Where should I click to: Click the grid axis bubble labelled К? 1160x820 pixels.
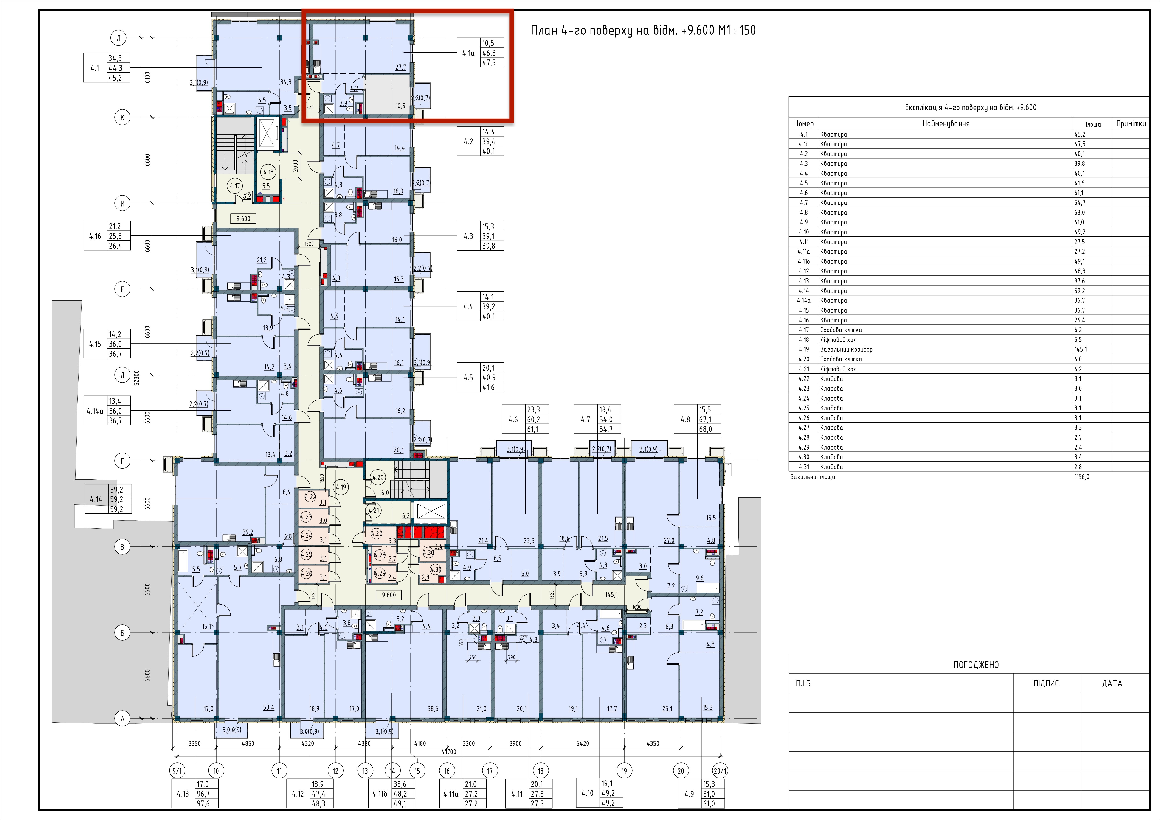pyautogui.click(x=122, y=118)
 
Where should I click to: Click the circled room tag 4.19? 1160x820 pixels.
pyautogui.click(x=341, y=487)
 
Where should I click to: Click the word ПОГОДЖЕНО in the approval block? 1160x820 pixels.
pyautogui.click(x=976, y=665)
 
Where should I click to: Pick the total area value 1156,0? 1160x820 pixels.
pyautogui.click(x=1082, y=477)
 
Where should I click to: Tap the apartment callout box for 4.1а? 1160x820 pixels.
pyautogui.click(x=480, y=53)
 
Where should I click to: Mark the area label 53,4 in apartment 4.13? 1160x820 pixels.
pyautogui.click(x=268, y=708)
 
